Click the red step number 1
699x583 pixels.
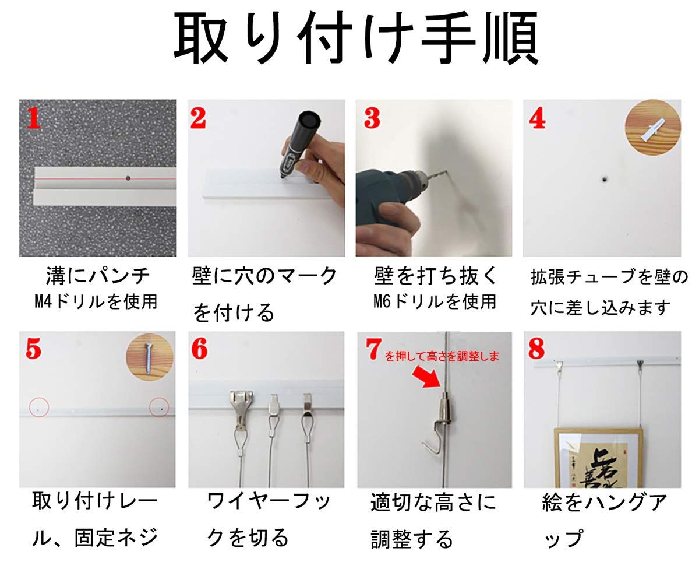34,118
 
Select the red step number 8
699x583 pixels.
536,349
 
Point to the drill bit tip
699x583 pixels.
446,172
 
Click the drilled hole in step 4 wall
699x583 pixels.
605,179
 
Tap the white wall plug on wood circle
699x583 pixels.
652,129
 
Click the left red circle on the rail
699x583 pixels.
39,407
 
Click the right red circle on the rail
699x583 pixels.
159,407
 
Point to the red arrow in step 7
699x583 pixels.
426,377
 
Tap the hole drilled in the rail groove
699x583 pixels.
128,178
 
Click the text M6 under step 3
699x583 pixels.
382,301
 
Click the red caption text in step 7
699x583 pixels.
442,356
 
